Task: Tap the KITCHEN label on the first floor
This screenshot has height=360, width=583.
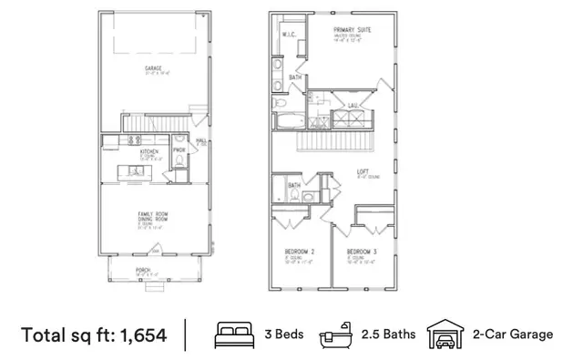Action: (x=149, y=151)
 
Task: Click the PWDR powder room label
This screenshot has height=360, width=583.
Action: (x=179, y=149)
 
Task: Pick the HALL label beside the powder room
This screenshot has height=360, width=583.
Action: (x=200, y=141)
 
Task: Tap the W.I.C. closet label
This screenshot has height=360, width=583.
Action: (x=288, y=36)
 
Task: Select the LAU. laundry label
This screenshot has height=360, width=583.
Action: (x=352, y=105)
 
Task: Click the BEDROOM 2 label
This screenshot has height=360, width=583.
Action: (x=300, y=251)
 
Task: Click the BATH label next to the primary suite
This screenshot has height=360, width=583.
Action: (x=295, y=78)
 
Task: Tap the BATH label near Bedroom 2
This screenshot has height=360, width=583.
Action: (x=294, y=185)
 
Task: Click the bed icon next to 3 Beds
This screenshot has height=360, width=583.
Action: (x=230, y=334)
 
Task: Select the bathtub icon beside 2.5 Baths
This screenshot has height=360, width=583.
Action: (x=334, y=335)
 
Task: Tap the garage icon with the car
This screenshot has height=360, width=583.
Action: (x=445, y=334)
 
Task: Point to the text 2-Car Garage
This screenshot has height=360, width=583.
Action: (x=512, y=334)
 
